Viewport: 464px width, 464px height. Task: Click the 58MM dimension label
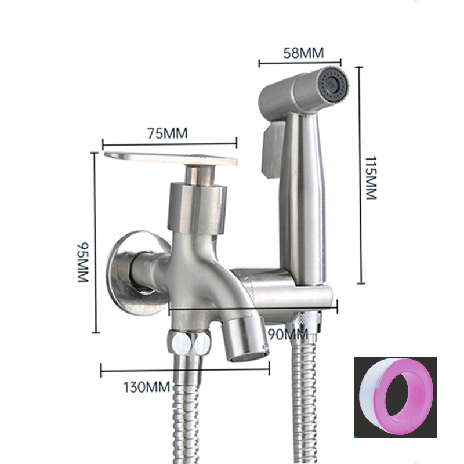(x=303, y=53)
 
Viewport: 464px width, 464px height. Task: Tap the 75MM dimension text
(x=168, y=133)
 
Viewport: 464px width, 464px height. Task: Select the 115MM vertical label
(x=371, y=178)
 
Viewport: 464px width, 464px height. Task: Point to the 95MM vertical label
(x=83, y=263)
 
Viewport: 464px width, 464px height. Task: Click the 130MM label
(x=147, y=387)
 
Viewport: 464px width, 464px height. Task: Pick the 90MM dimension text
(x=288, y=335)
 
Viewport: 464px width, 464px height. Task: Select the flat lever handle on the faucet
(x=171, y=159)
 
